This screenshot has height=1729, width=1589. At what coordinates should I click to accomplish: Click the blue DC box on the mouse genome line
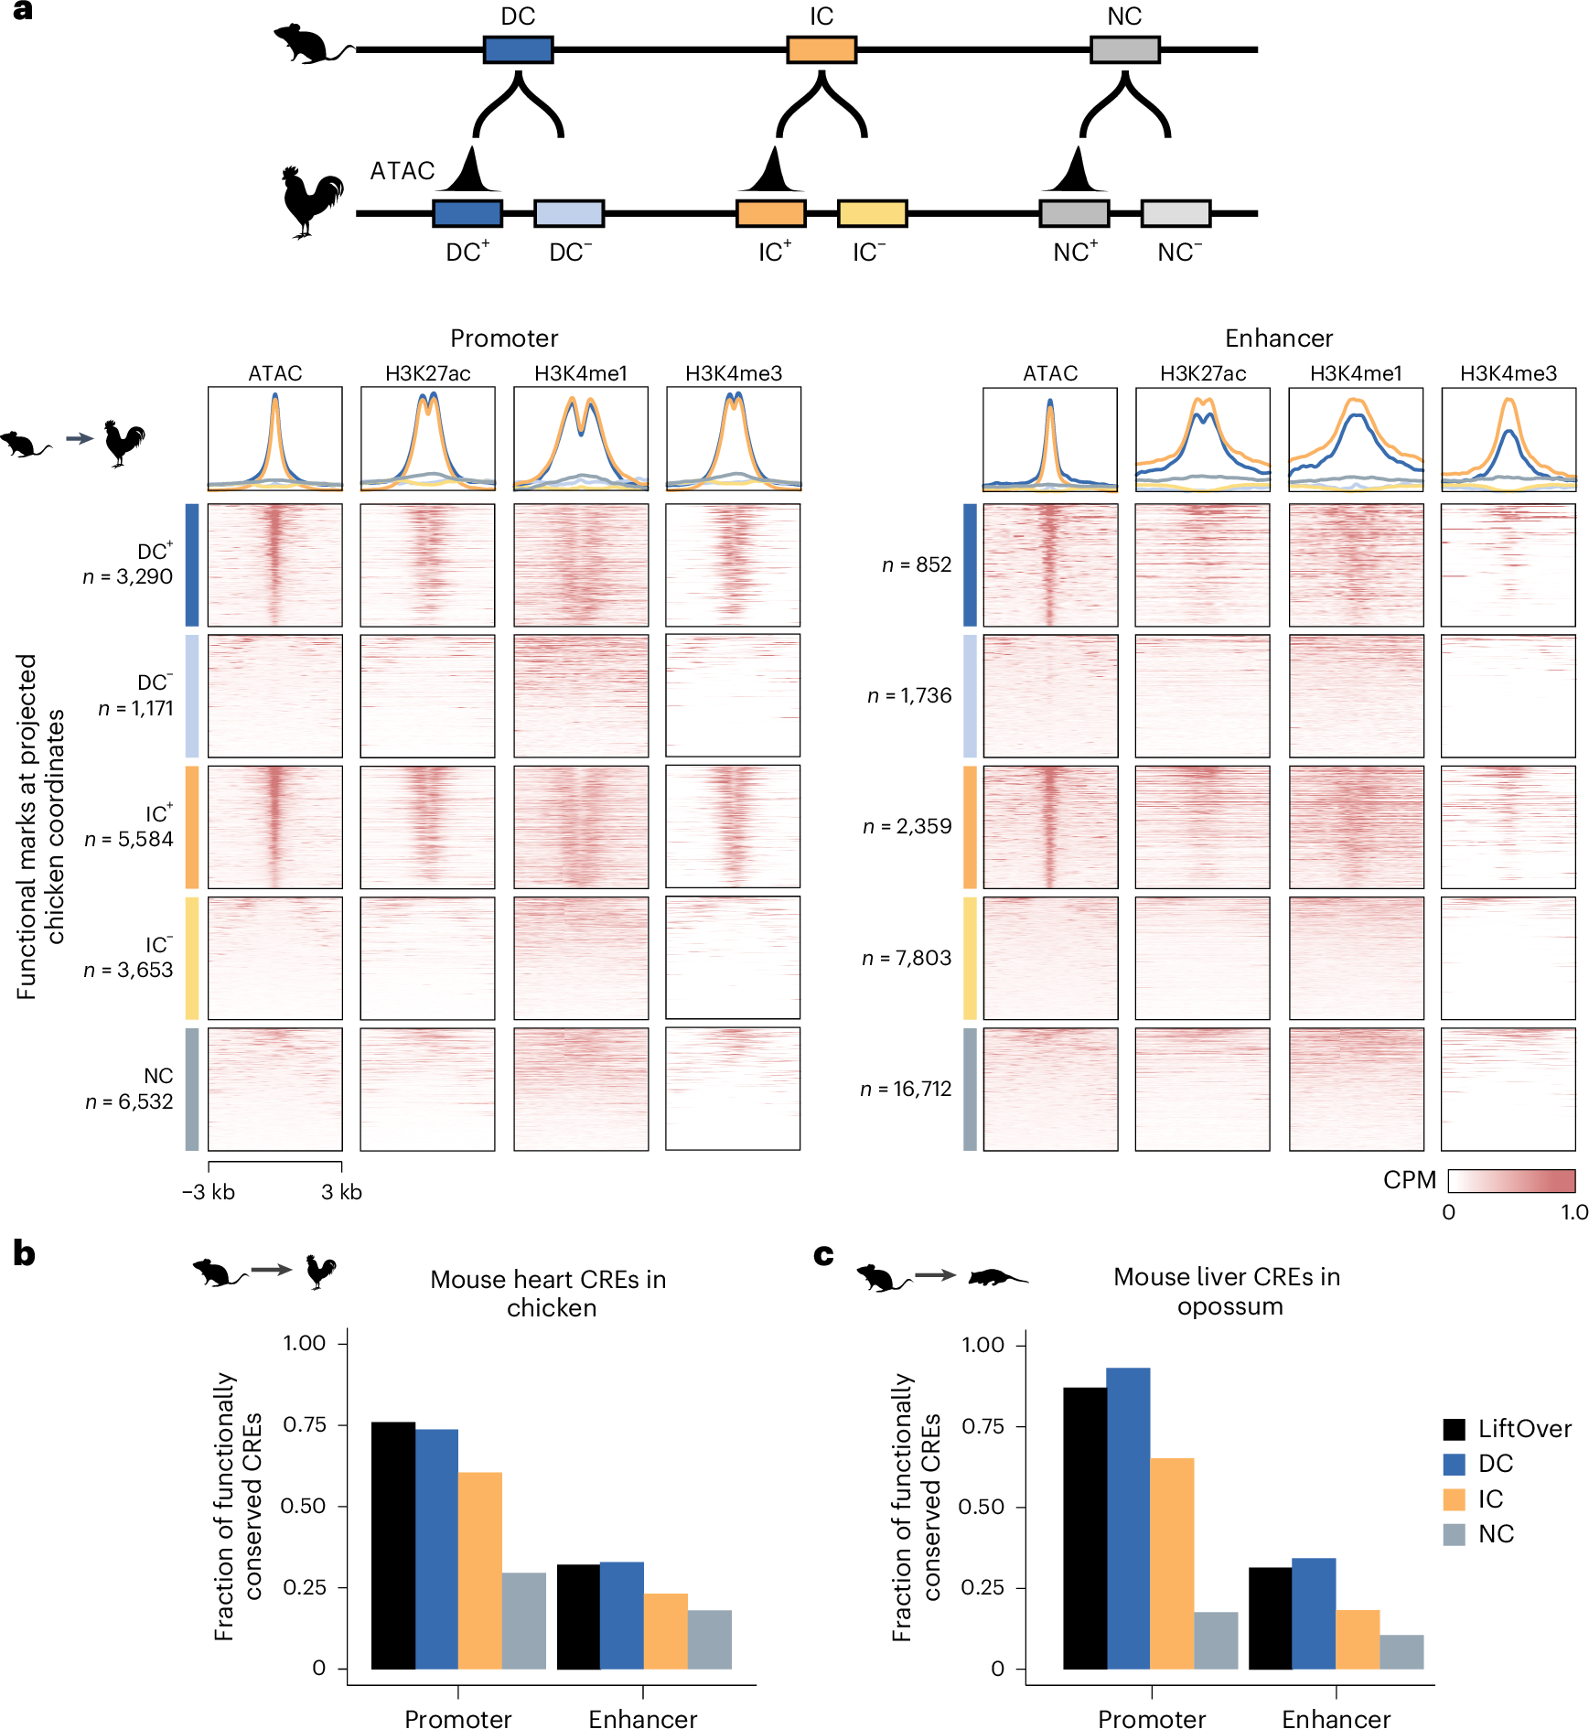(x=518, y=49)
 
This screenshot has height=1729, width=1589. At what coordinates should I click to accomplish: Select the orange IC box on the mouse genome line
(x=821, y=49)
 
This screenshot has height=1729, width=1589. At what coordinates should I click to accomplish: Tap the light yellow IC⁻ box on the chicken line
(x=872, y=213)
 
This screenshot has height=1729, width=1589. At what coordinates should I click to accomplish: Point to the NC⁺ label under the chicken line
(x=1075, y=252)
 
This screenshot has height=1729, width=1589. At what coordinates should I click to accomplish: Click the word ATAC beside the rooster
(x=402, y=171)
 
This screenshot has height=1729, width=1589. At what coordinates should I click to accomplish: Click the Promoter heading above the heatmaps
(x=504, y=338)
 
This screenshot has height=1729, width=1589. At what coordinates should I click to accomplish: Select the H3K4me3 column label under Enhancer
(x=1508, y=373)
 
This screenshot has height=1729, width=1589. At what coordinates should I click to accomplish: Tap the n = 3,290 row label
(x=127, y=576)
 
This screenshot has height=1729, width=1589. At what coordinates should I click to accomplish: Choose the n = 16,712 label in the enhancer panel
(x=906, y=1089)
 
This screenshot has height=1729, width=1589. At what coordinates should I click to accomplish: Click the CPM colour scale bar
(x=1511, y=1180)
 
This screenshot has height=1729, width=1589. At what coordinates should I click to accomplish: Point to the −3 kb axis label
(x=209, y=1192)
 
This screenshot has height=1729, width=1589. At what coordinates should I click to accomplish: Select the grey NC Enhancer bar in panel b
(x=709, y=1638)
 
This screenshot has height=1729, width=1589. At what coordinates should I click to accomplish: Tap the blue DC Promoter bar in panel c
(x=1128, y=1518)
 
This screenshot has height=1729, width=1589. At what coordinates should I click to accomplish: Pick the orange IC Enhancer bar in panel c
(x=1358, y=1638)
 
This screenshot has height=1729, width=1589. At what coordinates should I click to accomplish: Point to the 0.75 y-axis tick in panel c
(x=983, y=1426)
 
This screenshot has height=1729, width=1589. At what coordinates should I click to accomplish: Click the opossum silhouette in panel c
(x=997, y=1276)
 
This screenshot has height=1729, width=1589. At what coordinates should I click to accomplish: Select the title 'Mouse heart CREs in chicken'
(x=549, y=1293)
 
